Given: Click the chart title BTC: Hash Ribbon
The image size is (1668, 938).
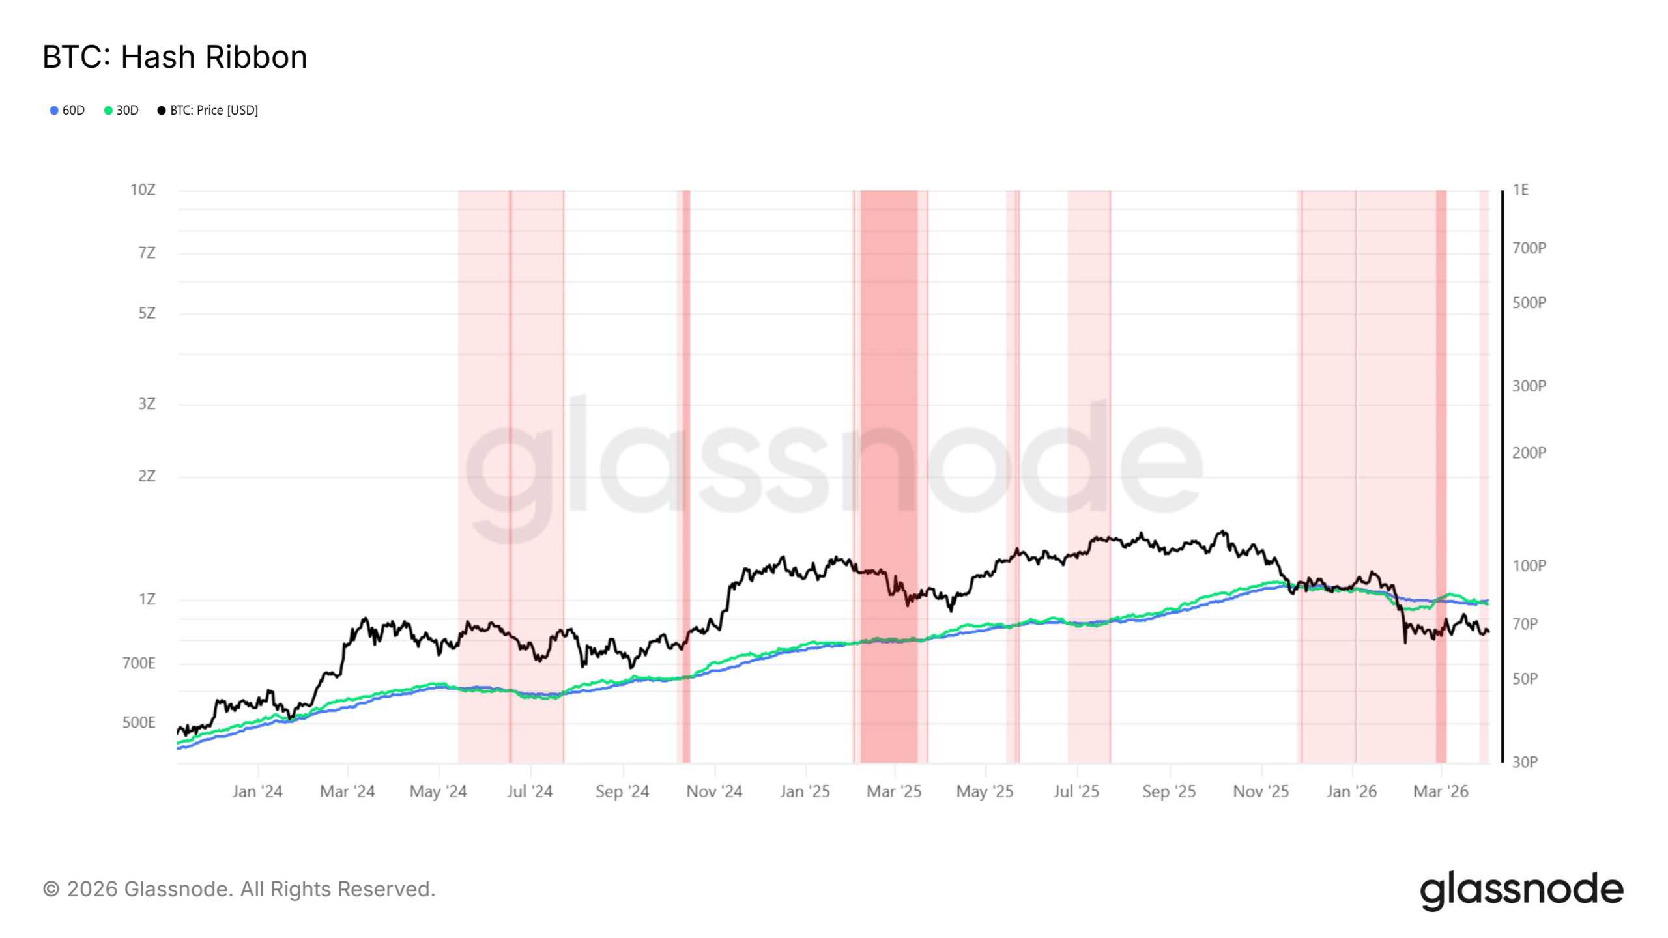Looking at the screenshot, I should click(175, 57).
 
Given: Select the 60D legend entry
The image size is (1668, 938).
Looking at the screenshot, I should click(68, 110).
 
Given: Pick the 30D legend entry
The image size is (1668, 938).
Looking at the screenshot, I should click(122, 110).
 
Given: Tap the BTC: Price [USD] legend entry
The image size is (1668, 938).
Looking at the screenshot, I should click(208, 110).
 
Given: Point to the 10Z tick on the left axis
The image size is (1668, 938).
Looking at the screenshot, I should click(143, 190).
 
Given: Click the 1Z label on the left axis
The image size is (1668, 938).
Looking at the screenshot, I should click(147, 599).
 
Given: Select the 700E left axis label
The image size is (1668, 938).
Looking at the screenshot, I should click(139, 663).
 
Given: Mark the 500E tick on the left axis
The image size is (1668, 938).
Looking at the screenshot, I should click(139, 722).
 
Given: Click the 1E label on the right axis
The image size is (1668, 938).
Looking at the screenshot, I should click(1520, 190).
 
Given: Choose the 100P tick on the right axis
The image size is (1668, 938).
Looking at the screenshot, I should click(1529, 565).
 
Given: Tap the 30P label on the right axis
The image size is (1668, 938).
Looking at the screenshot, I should click(1525, 761).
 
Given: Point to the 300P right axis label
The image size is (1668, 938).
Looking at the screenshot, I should click(1529, 386).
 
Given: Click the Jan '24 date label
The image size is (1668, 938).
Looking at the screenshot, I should click(257, 791).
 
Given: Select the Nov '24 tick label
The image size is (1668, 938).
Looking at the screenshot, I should click(714, 791).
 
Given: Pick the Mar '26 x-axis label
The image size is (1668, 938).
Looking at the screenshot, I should click(1441, 791).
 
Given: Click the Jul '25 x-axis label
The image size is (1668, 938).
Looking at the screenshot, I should click(1076, 791).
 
